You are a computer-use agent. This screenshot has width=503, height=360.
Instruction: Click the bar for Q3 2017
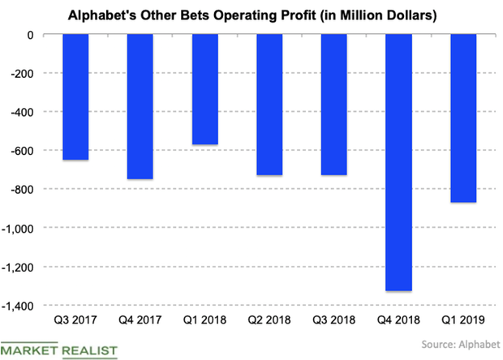[76, 97]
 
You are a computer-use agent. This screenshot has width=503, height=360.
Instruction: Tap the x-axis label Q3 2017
[76, 319]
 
